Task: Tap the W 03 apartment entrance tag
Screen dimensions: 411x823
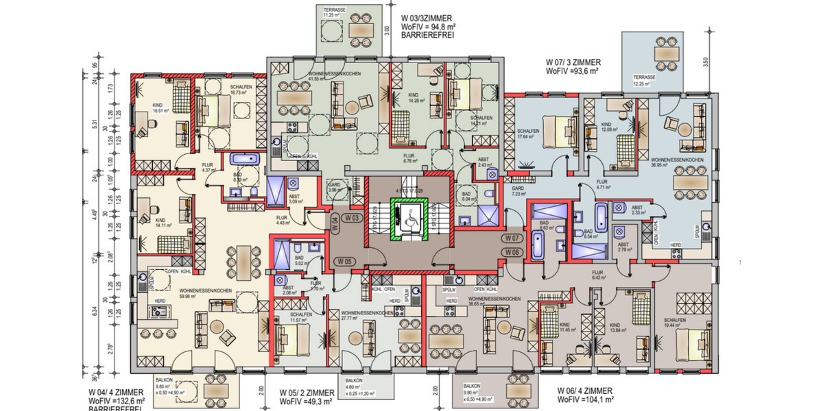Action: tap(353, 218)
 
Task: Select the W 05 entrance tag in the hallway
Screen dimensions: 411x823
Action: tap(344, 261)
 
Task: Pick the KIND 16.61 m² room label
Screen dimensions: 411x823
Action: tap(160, 108)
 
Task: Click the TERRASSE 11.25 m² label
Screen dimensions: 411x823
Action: tap(336, 11)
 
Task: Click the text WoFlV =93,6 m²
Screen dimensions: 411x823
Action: tap(573, 71)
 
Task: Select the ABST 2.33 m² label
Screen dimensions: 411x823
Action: tap(637, 210)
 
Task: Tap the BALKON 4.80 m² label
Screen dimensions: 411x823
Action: tap(354, 384)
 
